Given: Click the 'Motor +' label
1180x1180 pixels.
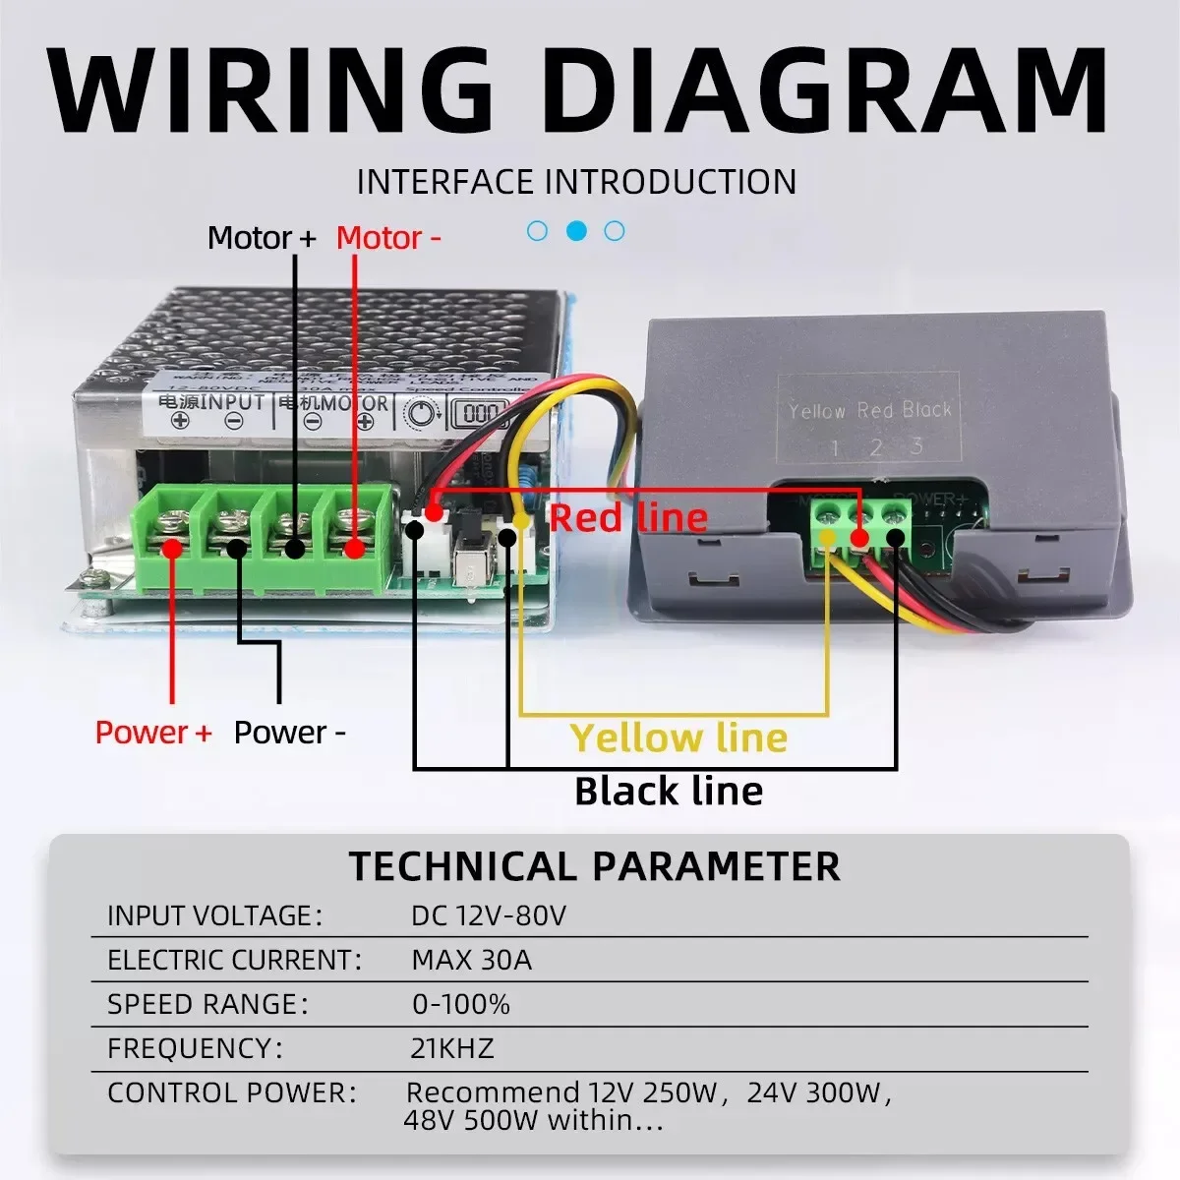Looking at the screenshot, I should tap(262, 238).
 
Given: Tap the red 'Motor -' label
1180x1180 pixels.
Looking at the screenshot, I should tap(388, 238).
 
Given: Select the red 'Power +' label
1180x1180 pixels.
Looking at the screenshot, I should tap(153, 733).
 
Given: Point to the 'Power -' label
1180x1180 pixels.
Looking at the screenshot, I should tap(290, 733).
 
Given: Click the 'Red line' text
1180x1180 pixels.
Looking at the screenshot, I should tap(628, 517).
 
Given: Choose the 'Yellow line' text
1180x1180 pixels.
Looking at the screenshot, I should tap(678, 737).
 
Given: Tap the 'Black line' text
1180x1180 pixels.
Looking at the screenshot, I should tap(669, 791).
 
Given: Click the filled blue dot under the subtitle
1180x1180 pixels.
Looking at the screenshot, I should tap(577, 231).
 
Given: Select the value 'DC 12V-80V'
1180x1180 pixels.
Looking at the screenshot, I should tap(489, 915).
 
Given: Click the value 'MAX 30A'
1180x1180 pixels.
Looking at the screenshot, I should tap(471, 960).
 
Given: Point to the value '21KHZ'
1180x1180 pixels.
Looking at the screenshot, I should tap(452, 1048).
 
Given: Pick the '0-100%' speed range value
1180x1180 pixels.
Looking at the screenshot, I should tap(460, 1004).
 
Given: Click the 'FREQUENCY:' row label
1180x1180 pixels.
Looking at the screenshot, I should tap(195, 1048).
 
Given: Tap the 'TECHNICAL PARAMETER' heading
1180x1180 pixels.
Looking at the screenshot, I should tap(595, 866).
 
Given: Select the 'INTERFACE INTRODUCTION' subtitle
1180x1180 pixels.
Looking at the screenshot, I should tap(576, 182).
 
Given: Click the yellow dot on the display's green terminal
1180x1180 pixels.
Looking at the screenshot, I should tap(829, 537).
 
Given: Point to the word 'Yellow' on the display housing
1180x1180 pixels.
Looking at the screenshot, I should tap(817, 410).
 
